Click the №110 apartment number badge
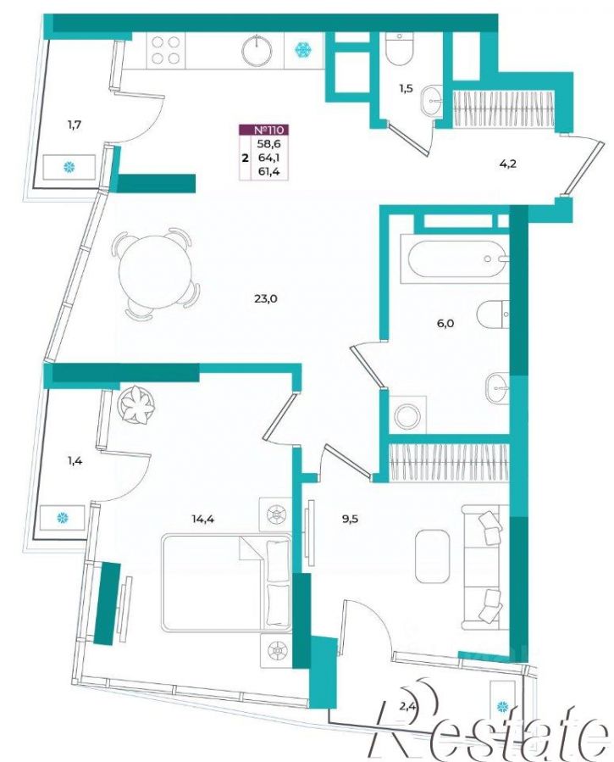pyautogui.click(x=264, y=130)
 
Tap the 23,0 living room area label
pyautogui.click(x=265, y=299)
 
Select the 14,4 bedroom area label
pyautogui.click(x=202, y=519)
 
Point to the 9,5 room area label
pyautogui.click(x=350, y=519)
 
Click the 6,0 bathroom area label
pyautogui.click(x=445, y=323)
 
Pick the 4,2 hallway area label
pyautogui.click(x=507, y=164)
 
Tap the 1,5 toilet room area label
pyautogui.click(x=407, y=88)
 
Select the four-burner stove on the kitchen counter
pyautogui.click(x=166, y=51)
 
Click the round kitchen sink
pyautogui.click(x=257, y=51)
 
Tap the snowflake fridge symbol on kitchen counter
pyautogui.click(x=303, y=49)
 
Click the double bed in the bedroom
pyautogui.click(x=227, y=583)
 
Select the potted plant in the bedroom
pyautogui.click(x=136, y=405)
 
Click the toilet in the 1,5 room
pyautogui.click(x=399, y=49)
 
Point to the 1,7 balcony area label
pyautogui.click(x=75, y=125)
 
